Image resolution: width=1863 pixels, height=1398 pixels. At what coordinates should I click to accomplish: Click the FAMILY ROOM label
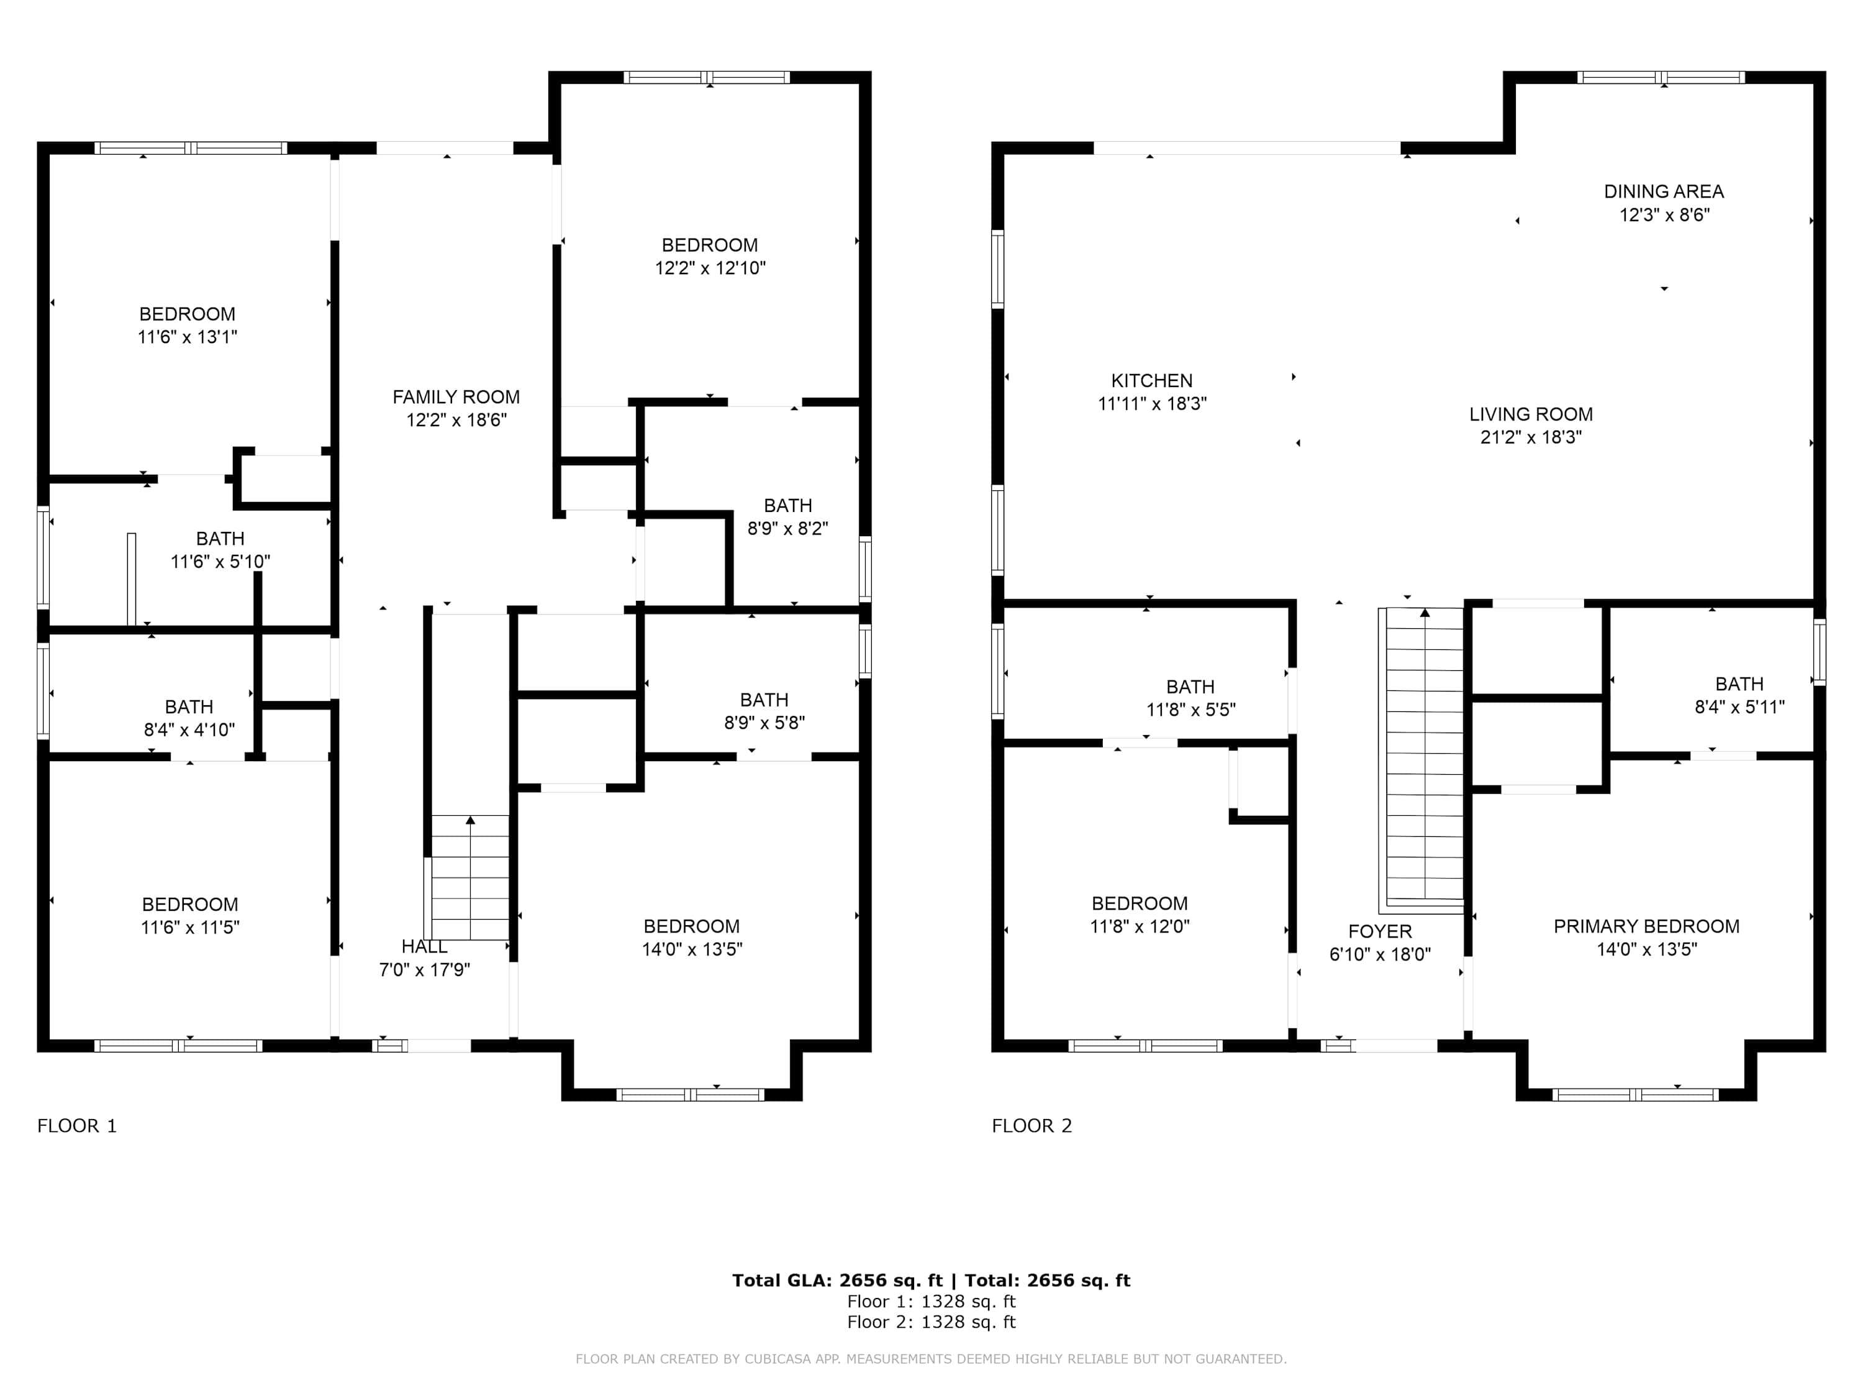(456, 397)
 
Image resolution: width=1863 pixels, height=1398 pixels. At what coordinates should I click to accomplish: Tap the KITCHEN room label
(1151, 381)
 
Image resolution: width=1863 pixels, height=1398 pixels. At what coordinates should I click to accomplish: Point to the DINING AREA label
(1664, 192)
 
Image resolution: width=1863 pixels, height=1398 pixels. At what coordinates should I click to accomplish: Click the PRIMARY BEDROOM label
(1646, 927)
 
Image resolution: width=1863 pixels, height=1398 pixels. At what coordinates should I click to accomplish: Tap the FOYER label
(1380, 932)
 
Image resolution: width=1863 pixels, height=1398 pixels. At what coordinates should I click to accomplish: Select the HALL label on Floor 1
(425, 947)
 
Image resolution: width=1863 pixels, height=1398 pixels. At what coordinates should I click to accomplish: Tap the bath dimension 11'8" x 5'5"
(1190, 710)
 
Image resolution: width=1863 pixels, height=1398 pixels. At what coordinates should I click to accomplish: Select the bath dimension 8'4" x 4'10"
(189, 731)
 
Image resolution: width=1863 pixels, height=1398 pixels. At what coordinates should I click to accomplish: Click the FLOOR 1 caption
(76, 1126)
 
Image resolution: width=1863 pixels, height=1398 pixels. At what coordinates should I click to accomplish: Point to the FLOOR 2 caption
(1031, 1126)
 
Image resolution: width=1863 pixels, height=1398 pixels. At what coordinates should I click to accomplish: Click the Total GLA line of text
(931, 1281)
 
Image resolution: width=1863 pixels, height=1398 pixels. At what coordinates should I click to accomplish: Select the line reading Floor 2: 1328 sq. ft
(931, 1322)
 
